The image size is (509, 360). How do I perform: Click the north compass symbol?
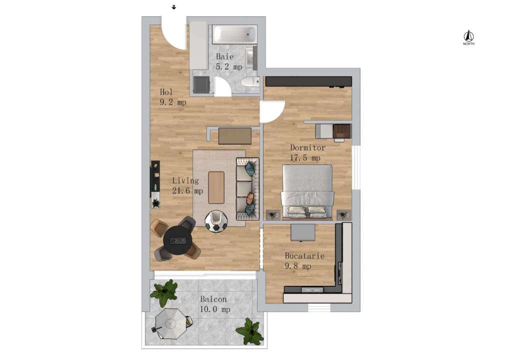tap(468, 36)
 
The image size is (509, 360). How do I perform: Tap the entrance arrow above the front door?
tap(173, 7)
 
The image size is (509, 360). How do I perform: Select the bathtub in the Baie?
tap(234, 34)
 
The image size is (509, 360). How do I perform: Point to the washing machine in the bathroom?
tap(201, 84)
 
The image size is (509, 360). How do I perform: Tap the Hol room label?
tap(166, 92)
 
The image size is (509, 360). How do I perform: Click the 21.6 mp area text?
tap(188, 191)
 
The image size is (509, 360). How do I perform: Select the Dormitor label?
tap(307, 148)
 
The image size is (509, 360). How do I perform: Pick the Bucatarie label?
tap(304, 256)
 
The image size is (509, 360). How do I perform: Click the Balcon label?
tap(213, 299)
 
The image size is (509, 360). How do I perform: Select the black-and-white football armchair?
tap(216, 220)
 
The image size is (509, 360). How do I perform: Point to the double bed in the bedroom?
tap(307, 192)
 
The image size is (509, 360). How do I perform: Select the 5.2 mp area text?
tap(228, 66)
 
